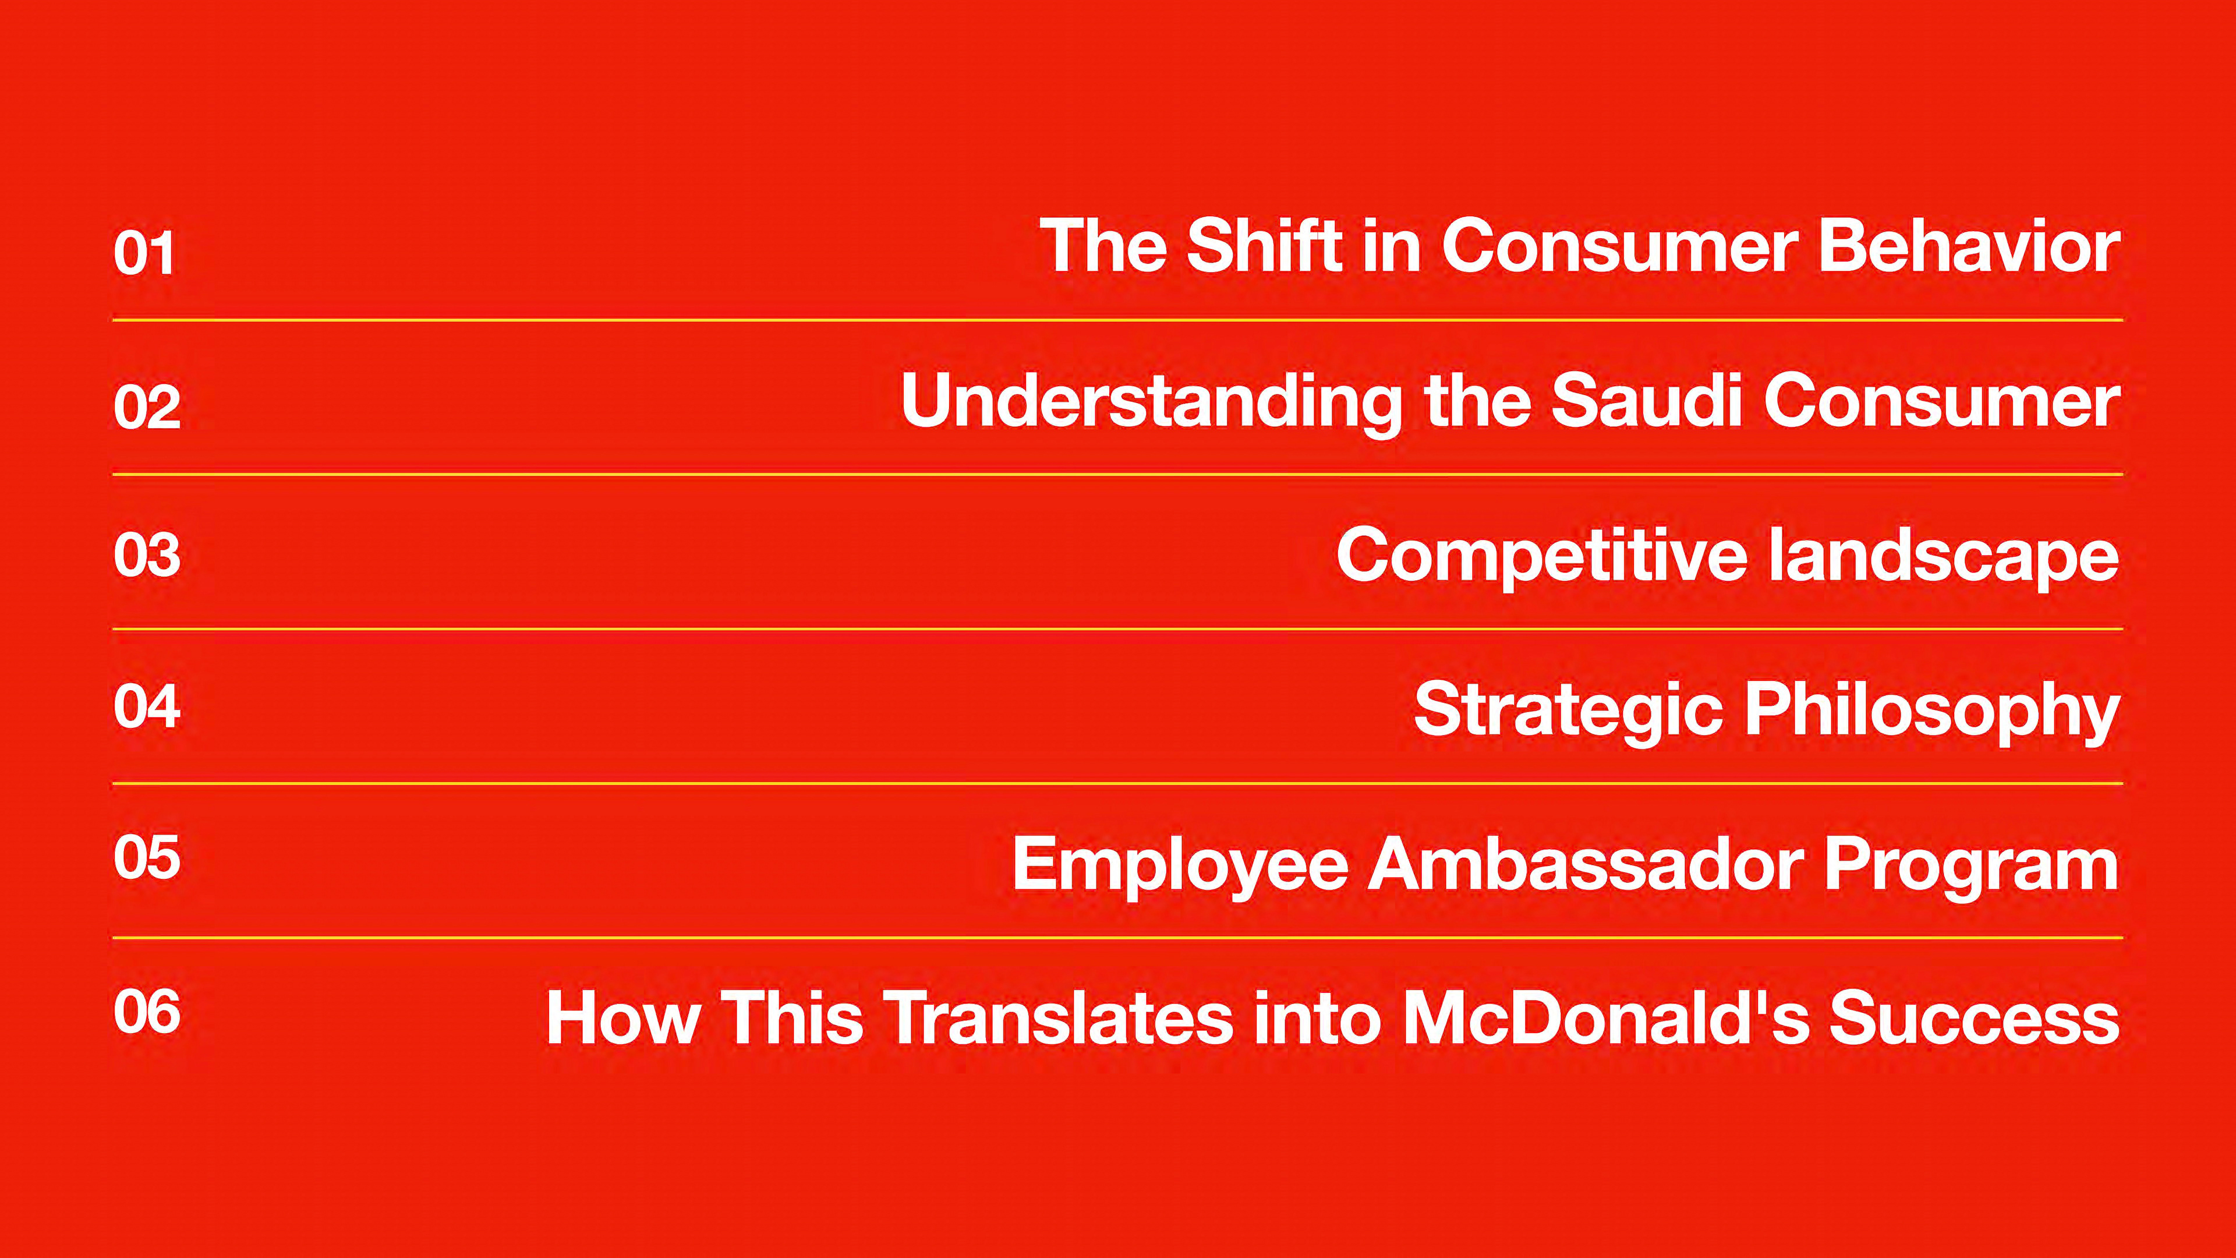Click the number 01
(x=144, y=253)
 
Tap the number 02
(x=147, y=407)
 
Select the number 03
(x=147, y=555)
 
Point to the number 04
(x=147, y=706)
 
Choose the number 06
(x=147, y=1012)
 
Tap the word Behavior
(x=1969, y=246)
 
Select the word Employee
(x=1180, y=865)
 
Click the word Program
(x=1971, y=865)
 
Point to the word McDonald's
(x=1606, y=1017)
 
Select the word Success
(x=1975, y=1017)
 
